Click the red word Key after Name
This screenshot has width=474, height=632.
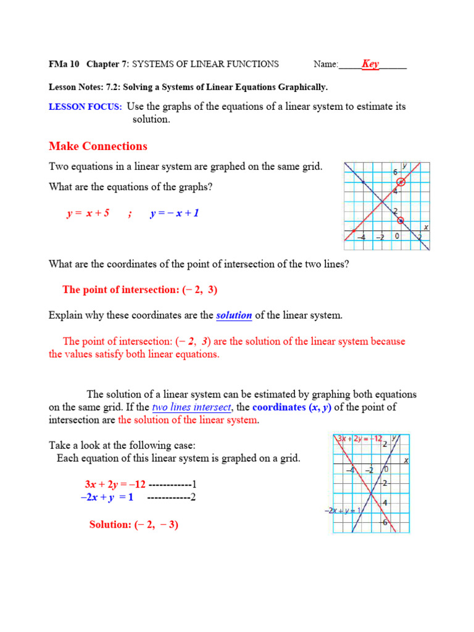(x=370, y=64)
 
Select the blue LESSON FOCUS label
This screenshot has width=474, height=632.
(x=85, y=107)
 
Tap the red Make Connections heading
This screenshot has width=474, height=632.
(x=98, y=146)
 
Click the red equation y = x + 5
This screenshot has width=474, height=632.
(x=88, y=214)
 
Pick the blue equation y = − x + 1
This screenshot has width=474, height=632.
(x=175, y=214)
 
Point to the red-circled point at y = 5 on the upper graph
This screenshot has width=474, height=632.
(x=401, y=181)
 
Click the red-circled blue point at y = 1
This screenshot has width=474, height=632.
(x=401, y=220)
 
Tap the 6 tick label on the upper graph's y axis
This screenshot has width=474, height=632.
(x=396, y=173)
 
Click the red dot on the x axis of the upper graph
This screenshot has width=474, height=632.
(x=354, y=231)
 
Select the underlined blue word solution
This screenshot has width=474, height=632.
(x=234, y=315)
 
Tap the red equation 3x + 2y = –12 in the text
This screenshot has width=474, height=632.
(x=115, y=484)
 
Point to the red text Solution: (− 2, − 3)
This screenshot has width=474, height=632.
(x=134, y=525)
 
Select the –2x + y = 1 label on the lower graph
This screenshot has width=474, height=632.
(x=343, y=510)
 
